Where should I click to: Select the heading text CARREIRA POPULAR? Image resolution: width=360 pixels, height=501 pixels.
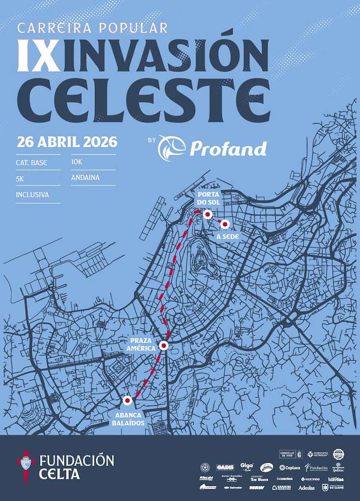coord(92,28)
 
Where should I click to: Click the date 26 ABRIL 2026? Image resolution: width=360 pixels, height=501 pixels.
coord(67,142)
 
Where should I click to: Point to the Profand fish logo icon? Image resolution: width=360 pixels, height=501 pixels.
coord(172,148)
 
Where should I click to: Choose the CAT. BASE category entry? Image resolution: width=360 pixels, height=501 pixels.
coord(31,162)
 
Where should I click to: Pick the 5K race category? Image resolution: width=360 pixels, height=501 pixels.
coord(20,179)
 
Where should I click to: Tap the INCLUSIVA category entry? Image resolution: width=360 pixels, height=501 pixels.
coord(32,195)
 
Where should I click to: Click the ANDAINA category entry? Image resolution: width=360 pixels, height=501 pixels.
coord(85,178)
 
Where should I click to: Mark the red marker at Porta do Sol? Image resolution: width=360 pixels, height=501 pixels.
coord(207,215)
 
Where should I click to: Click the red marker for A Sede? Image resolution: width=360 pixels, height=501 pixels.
coord(225,224)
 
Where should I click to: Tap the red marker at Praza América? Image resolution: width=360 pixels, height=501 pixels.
coord(164,345)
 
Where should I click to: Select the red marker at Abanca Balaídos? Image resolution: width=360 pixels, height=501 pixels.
coord(127,401)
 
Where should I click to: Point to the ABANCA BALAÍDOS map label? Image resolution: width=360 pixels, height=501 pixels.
coord(129,419)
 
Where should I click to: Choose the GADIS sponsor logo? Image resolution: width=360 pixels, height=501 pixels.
coord(225,467)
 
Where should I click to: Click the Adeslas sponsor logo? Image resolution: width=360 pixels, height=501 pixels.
coord(307,488)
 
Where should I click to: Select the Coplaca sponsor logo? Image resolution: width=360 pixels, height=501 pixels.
coord(290,468)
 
